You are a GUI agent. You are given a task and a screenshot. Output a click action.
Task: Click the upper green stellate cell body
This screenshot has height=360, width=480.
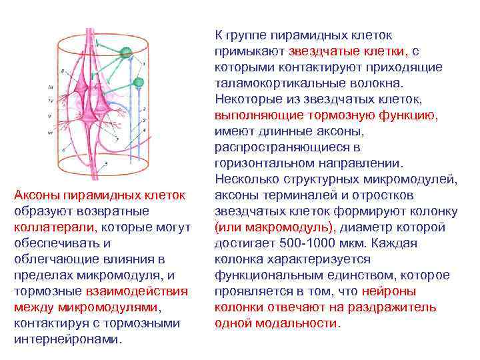point(124,51)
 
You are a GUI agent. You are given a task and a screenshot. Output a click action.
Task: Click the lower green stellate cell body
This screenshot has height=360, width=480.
point(139,83)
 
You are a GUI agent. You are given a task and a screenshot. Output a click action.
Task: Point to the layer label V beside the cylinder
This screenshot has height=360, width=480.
point(51,115)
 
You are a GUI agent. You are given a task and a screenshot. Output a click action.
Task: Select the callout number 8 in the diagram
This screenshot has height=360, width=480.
point(62,70)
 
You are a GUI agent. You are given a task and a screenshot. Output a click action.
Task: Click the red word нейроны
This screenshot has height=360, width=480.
point(389,291)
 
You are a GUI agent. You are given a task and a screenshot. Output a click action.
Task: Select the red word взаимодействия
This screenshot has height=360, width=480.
point(136,291)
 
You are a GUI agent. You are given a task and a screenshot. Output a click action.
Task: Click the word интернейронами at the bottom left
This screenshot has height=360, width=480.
point(67,339)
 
